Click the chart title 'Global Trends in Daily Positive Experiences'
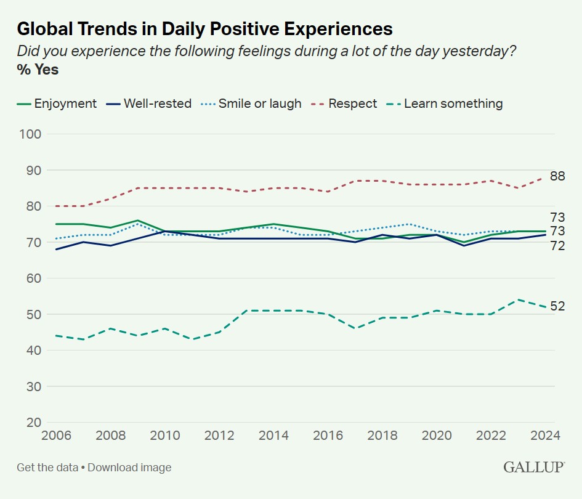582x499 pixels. (x=204, y=28)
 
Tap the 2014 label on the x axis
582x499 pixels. (x=273, y=436)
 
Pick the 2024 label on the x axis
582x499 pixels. (x=546, y=436)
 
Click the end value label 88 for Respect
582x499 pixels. (x=558, y=177)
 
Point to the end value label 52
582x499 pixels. (x=558, y=306)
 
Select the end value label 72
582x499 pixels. (x=558, y=246)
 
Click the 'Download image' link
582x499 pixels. (x=129, y=467)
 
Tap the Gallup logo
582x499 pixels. (x=534, y=467)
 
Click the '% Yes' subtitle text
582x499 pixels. (x=38, y=70)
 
